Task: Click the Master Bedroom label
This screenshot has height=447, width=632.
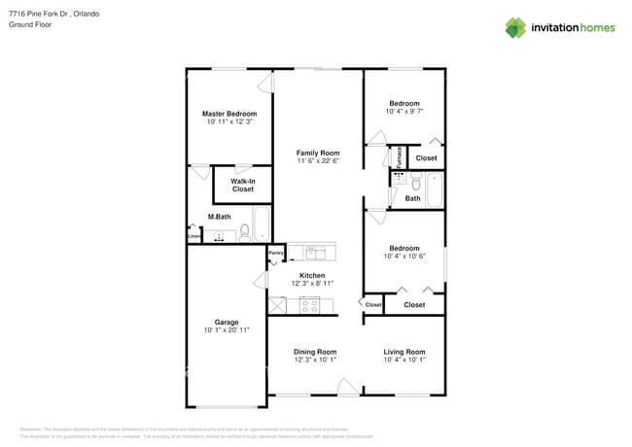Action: (228, 114)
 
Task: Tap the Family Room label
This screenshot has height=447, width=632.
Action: (318, 154)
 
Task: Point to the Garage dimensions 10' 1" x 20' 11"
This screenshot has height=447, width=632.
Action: (227, 330)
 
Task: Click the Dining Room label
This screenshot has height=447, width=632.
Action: (315, 352)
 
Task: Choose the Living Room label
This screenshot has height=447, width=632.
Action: (404, 352)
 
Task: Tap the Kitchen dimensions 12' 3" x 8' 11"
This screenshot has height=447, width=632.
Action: (312, 284)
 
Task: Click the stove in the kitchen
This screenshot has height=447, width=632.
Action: (309, 305)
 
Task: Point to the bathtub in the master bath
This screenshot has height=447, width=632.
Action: (262, 223)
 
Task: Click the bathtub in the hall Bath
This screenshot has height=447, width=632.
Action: (434, 189)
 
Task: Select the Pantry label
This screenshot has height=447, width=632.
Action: (276, 254)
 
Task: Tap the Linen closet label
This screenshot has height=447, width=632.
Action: (193, 233)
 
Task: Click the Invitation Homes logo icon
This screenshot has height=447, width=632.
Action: (514, 28)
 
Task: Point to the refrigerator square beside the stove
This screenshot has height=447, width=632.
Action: (278, 305)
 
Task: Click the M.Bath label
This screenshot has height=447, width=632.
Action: (219, 217)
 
